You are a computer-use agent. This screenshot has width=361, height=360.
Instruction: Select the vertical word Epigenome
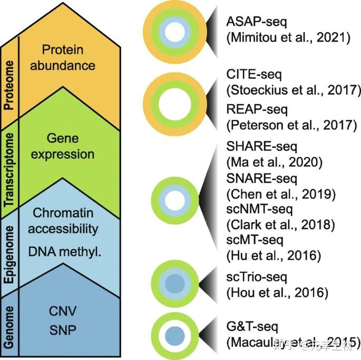pos(8,252)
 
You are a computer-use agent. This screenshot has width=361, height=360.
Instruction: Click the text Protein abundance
pos(70,57)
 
